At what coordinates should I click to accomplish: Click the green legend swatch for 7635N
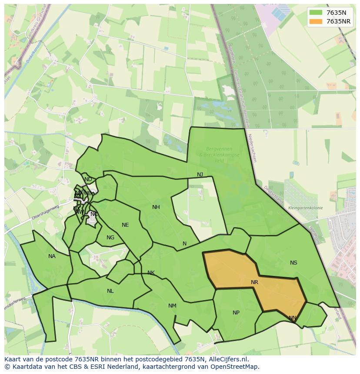(x=316, y=13)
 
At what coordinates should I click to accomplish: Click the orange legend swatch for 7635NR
(x=316, y=21)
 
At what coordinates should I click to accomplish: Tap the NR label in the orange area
(x=254, y=282)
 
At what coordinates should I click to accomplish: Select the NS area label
(x=293, y=263)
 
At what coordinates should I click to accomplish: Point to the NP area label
(x=236, y=313)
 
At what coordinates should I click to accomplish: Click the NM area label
(x=172, y=306)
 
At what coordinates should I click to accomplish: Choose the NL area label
(x=110, y=291)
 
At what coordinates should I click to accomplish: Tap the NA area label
(x=52, y=256)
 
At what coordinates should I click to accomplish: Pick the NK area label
(x=151, y=273)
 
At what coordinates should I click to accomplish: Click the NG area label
(x=110, y=238)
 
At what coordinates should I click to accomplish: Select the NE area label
(x=125, y=225)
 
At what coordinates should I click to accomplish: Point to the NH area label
(x=156, y=207)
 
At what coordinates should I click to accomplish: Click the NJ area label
(x=200, y=175)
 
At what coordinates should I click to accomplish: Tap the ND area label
(x=88, y=179)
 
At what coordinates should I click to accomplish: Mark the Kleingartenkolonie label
(x=305, y=208)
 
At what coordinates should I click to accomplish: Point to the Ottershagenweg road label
(x=46, y=213)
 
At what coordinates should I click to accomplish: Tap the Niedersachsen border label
(x=252, y=148)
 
